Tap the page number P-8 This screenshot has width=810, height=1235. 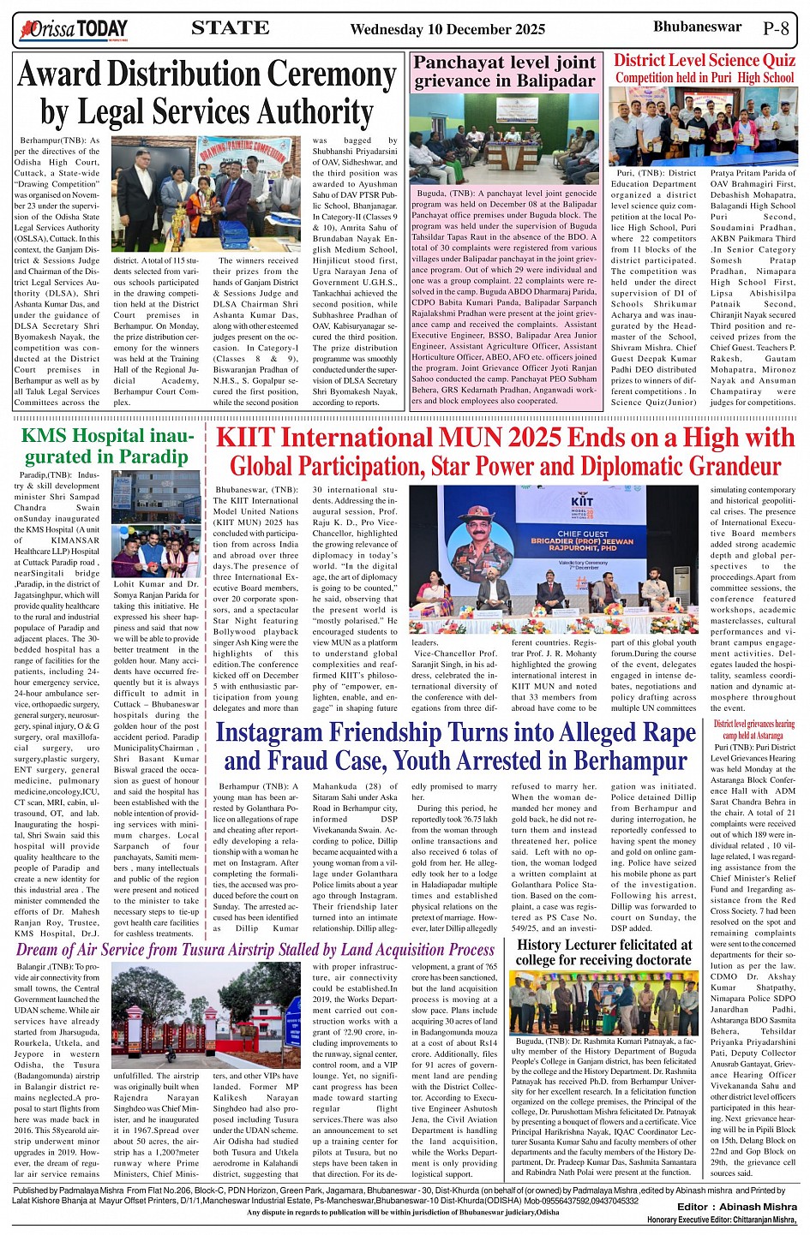[x=775, y=28]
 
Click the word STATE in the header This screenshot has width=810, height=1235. [x=231, y=28]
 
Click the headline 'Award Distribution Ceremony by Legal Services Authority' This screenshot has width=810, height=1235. [x=207, y=93]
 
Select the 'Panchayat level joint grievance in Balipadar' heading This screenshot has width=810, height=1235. [x=504, y=72]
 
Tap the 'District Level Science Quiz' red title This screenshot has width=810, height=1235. [x=705, y=60]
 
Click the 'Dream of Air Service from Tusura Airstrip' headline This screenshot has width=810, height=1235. [x=255, y=949]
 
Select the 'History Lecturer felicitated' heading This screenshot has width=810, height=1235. [x=604, y=952]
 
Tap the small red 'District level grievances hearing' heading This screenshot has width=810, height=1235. [x=753, y=730]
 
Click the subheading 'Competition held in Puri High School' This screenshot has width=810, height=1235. [x=705, y=78]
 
